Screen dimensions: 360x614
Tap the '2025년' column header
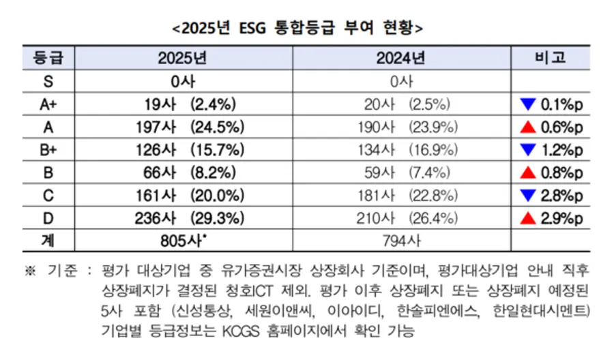[x=183, y=58]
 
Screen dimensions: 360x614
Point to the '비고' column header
[x=550, y=58]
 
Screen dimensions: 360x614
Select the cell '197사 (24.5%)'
[x=184, y=127]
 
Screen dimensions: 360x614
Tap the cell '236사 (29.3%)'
[x=184, y=218]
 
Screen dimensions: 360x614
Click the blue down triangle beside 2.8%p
[x=525, y=196]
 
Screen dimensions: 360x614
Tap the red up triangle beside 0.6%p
[x=525, y=127]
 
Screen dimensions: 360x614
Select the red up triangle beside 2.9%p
[x=525, y=218]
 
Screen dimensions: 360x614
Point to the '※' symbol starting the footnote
[x=29, y=270]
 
